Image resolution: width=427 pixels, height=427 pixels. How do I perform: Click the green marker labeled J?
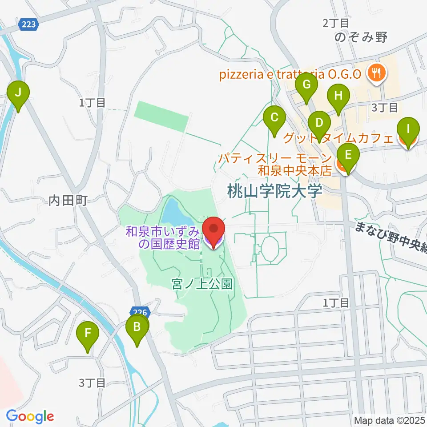[x=18, y=93]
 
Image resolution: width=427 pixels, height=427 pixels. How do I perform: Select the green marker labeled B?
[x=137, y=328]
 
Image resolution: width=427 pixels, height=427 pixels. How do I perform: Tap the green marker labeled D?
[x=319, y=122]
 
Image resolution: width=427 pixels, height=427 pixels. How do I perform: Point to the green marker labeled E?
[x=348, y=155]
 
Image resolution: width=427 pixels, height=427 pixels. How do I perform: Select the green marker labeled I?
[x=408, y=129]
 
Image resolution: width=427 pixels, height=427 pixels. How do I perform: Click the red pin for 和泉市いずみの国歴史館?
[x=213, y=230]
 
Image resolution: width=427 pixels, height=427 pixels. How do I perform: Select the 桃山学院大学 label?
[x=274, y=192]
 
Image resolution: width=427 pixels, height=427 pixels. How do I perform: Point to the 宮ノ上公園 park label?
[x=202, y=284]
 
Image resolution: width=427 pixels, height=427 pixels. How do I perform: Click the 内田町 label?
[x=68, y=201]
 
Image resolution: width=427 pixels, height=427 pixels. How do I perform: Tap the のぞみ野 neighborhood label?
[x=363, y=37]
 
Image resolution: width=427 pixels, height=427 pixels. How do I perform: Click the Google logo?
[x=30, y=416]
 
